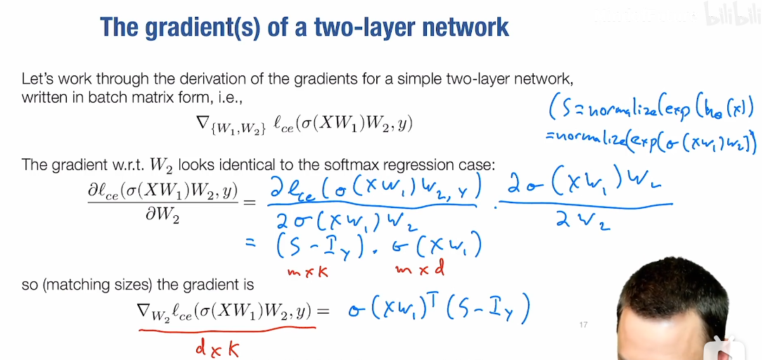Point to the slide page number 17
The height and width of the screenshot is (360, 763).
coord(584,324)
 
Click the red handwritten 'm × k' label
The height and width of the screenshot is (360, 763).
coord(307,273)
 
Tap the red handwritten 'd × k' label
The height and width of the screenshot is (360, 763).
coord(217,347)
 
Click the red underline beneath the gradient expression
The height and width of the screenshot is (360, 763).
coord(227,330)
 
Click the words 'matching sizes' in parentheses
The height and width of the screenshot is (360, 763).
coord(89,285)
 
